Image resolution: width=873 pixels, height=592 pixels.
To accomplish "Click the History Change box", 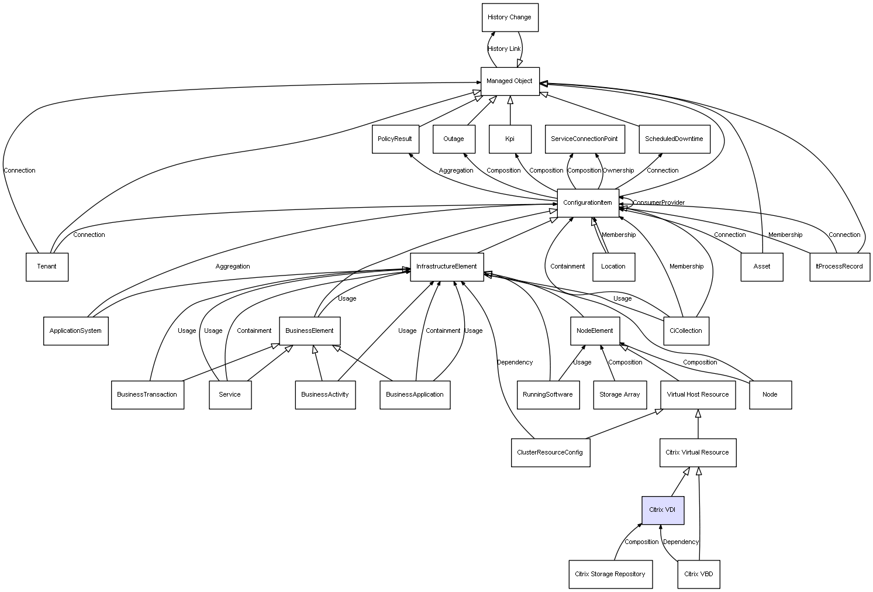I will click(509, 18).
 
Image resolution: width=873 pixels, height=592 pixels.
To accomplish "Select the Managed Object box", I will click(509, 81).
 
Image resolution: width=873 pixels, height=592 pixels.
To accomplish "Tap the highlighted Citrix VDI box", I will click(662, 510).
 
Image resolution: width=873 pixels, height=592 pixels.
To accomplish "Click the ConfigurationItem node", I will click(587, 202).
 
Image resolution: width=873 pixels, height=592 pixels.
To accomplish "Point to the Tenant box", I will click(47, 267).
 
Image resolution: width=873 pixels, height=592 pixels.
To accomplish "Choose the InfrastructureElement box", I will click(446, 267).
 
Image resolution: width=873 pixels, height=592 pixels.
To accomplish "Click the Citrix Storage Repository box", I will click(609, 574).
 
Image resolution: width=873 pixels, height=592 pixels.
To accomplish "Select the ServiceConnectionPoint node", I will click(584, 139).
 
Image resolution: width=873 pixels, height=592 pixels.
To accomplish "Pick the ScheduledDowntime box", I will click(674, 139).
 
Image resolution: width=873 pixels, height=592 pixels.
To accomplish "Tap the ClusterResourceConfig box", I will click(550, 452).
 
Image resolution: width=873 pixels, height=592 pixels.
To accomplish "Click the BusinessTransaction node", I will click(147, 394).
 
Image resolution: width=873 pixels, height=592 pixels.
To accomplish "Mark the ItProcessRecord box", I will click(839, 267).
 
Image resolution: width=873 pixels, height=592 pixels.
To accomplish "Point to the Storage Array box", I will click(619, 394).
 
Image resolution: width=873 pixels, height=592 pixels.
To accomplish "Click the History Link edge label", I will click(504, 49).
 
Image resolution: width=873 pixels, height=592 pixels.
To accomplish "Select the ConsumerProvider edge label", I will click(658, 203).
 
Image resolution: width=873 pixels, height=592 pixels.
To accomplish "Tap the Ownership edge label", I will click(618, 171).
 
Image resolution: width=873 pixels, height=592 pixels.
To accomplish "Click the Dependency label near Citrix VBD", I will click(681, 542).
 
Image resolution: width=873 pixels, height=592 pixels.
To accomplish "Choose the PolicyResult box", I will click(395, 139).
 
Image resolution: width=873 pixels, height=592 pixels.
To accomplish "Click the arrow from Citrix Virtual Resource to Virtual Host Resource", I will click(698, 424).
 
